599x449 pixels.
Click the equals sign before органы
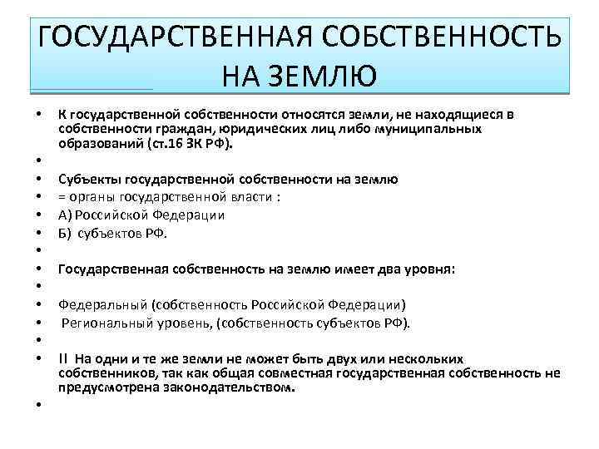coord(61,197)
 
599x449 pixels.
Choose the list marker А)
coord(66,215)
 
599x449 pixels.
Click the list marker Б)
coord(66,233)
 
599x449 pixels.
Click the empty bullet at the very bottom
coord(38,404)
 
